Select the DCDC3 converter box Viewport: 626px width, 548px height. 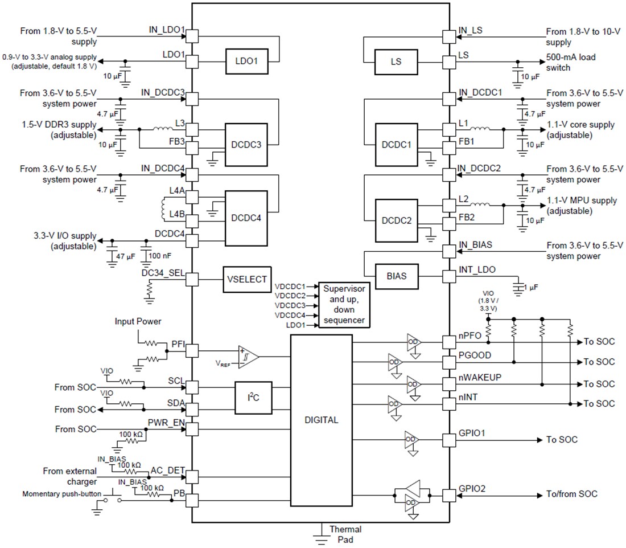click(x=246, y=145)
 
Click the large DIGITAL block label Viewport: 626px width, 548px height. click(x=321, y=420)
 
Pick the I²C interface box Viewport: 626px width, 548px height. click(x=254, y=398)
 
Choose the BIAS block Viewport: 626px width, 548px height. click(x=396, y=276)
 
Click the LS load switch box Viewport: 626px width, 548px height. click(x=396, y=62)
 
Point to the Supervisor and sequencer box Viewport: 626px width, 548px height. click(x=343, y=304)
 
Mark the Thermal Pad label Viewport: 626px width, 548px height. click(x=345, y=534)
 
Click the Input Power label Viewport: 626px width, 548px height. click(x=138, y=321)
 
